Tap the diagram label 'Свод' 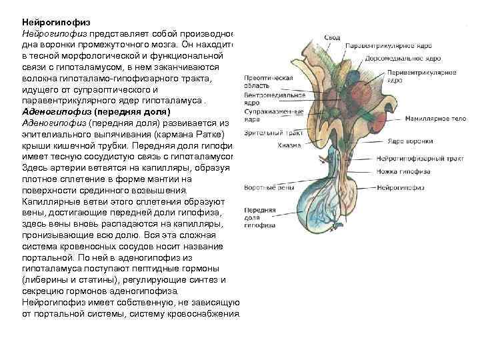pyautogui.click(x=333, y=37)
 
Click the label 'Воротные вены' pyautogui.click(x=263, y=189)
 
